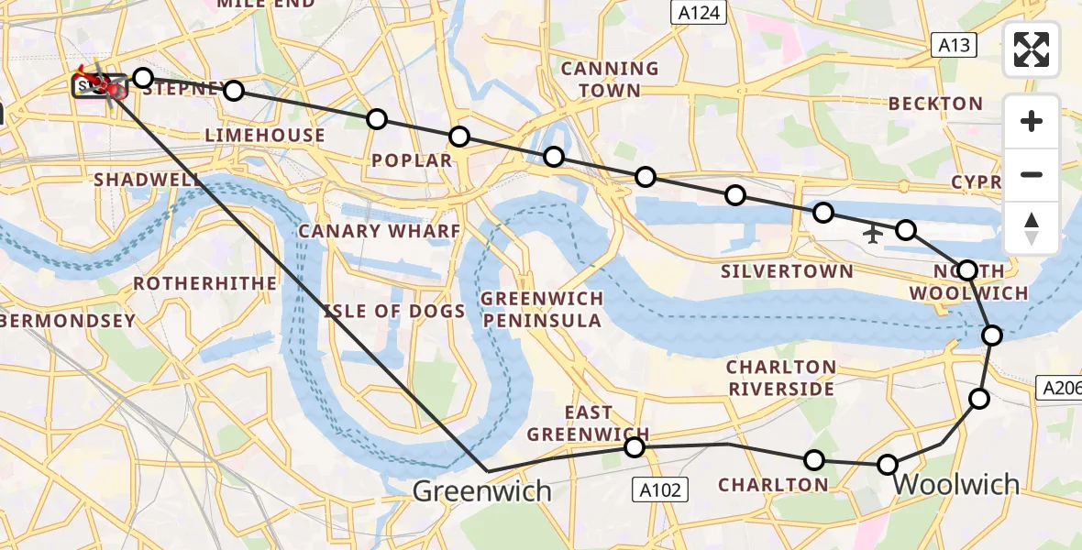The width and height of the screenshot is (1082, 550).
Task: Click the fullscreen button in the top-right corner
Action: coord(1032,49)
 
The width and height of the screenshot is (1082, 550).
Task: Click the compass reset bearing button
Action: coord(1032,228)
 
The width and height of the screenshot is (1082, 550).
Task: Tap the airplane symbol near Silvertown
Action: coord(872,235)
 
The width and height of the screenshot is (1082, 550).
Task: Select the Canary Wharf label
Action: coord(379,230)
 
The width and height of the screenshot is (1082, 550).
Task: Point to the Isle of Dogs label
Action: coord(394,312)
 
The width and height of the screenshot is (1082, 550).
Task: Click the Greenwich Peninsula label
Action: coord(542,309)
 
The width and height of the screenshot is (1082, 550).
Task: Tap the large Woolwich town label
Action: coord(955,484)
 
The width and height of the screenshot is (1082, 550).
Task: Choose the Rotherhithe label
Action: coord(204,283)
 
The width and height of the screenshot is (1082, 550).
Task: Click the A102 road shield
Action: coord(660,490)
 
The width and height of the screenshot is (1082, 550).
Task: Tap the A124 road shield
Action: coord(698,13)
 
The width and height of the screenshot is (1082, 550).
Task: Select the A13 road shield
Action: coord(955,45)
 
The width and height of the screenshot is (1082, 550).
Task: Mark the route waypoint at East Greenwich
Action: coord(634,447)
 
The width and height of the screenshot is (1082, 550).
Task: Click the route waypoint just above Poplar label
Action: coord(459,137)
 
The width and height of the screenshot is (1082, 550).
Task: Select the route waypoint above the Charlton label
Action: coord(813,460)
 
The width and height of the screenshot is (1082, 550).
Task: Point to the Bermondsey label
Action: coord(68,321)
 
